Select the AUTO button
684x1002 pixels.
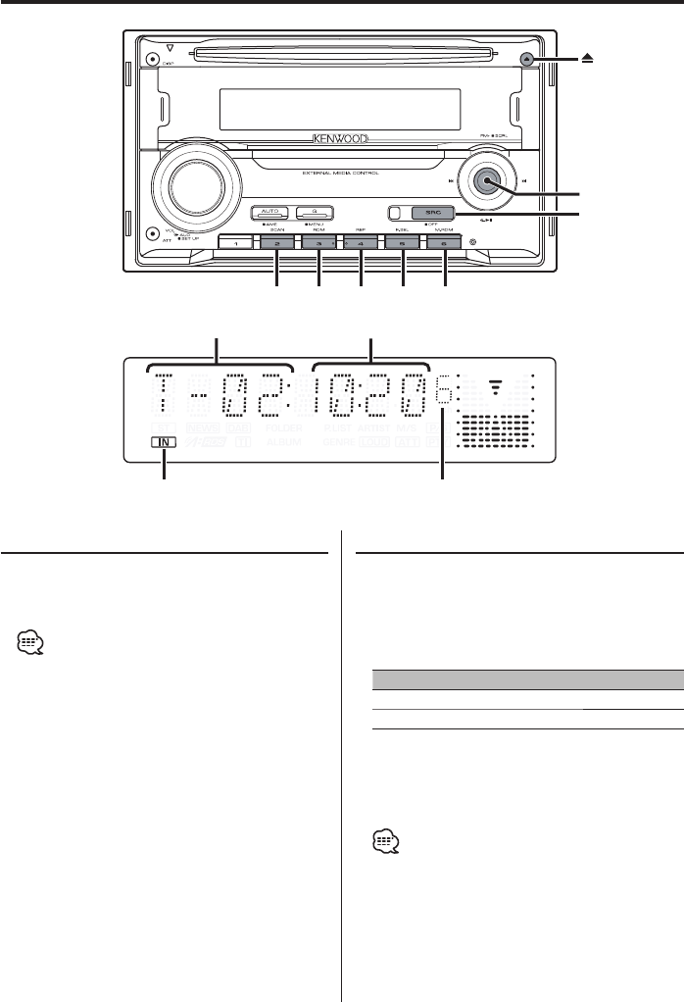point(269,212)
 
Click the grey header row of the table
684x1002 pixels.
point(527,678)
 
